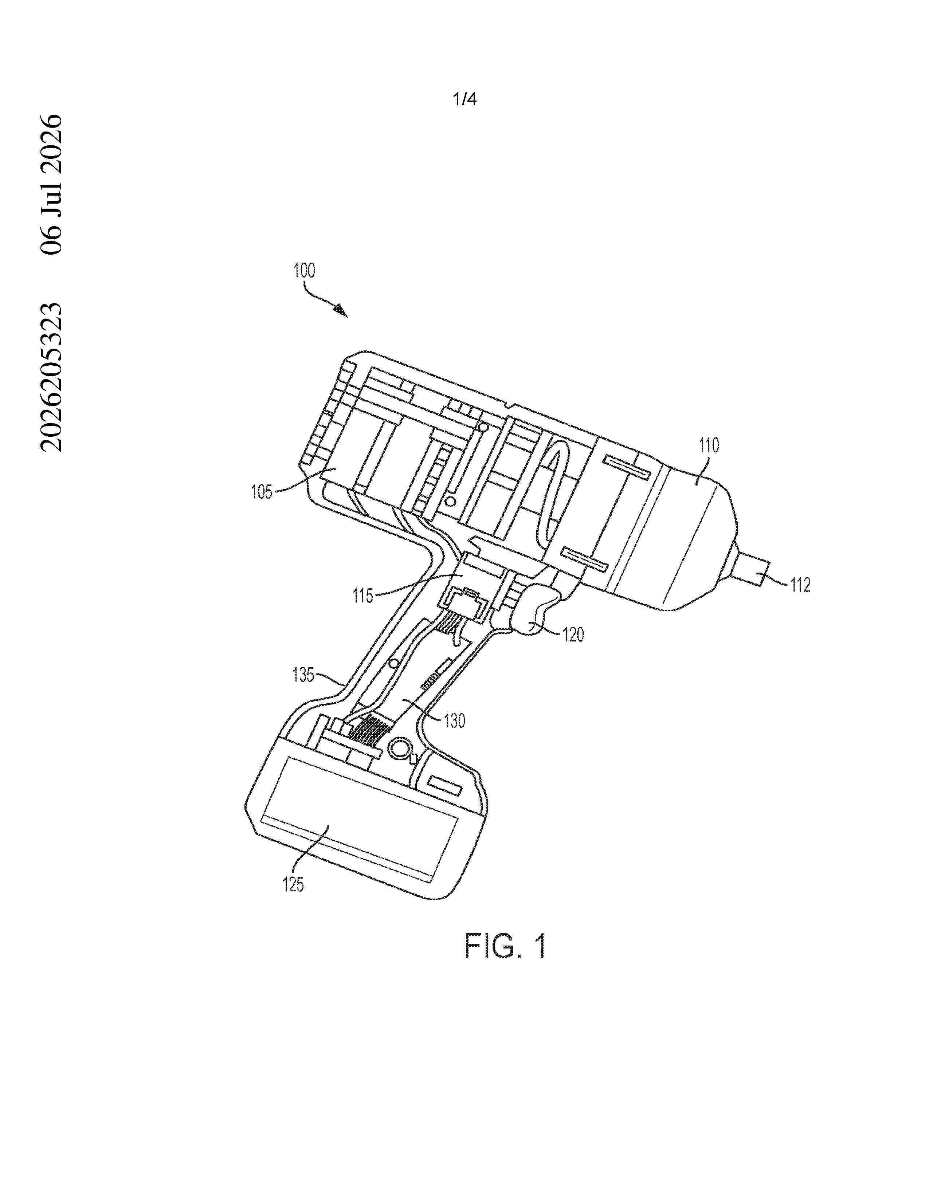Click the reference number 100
304,271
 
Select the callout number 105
262,491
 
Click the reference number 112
800,585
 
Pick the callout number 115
363,596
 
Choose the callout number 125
293,884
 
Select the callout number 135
303,674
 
